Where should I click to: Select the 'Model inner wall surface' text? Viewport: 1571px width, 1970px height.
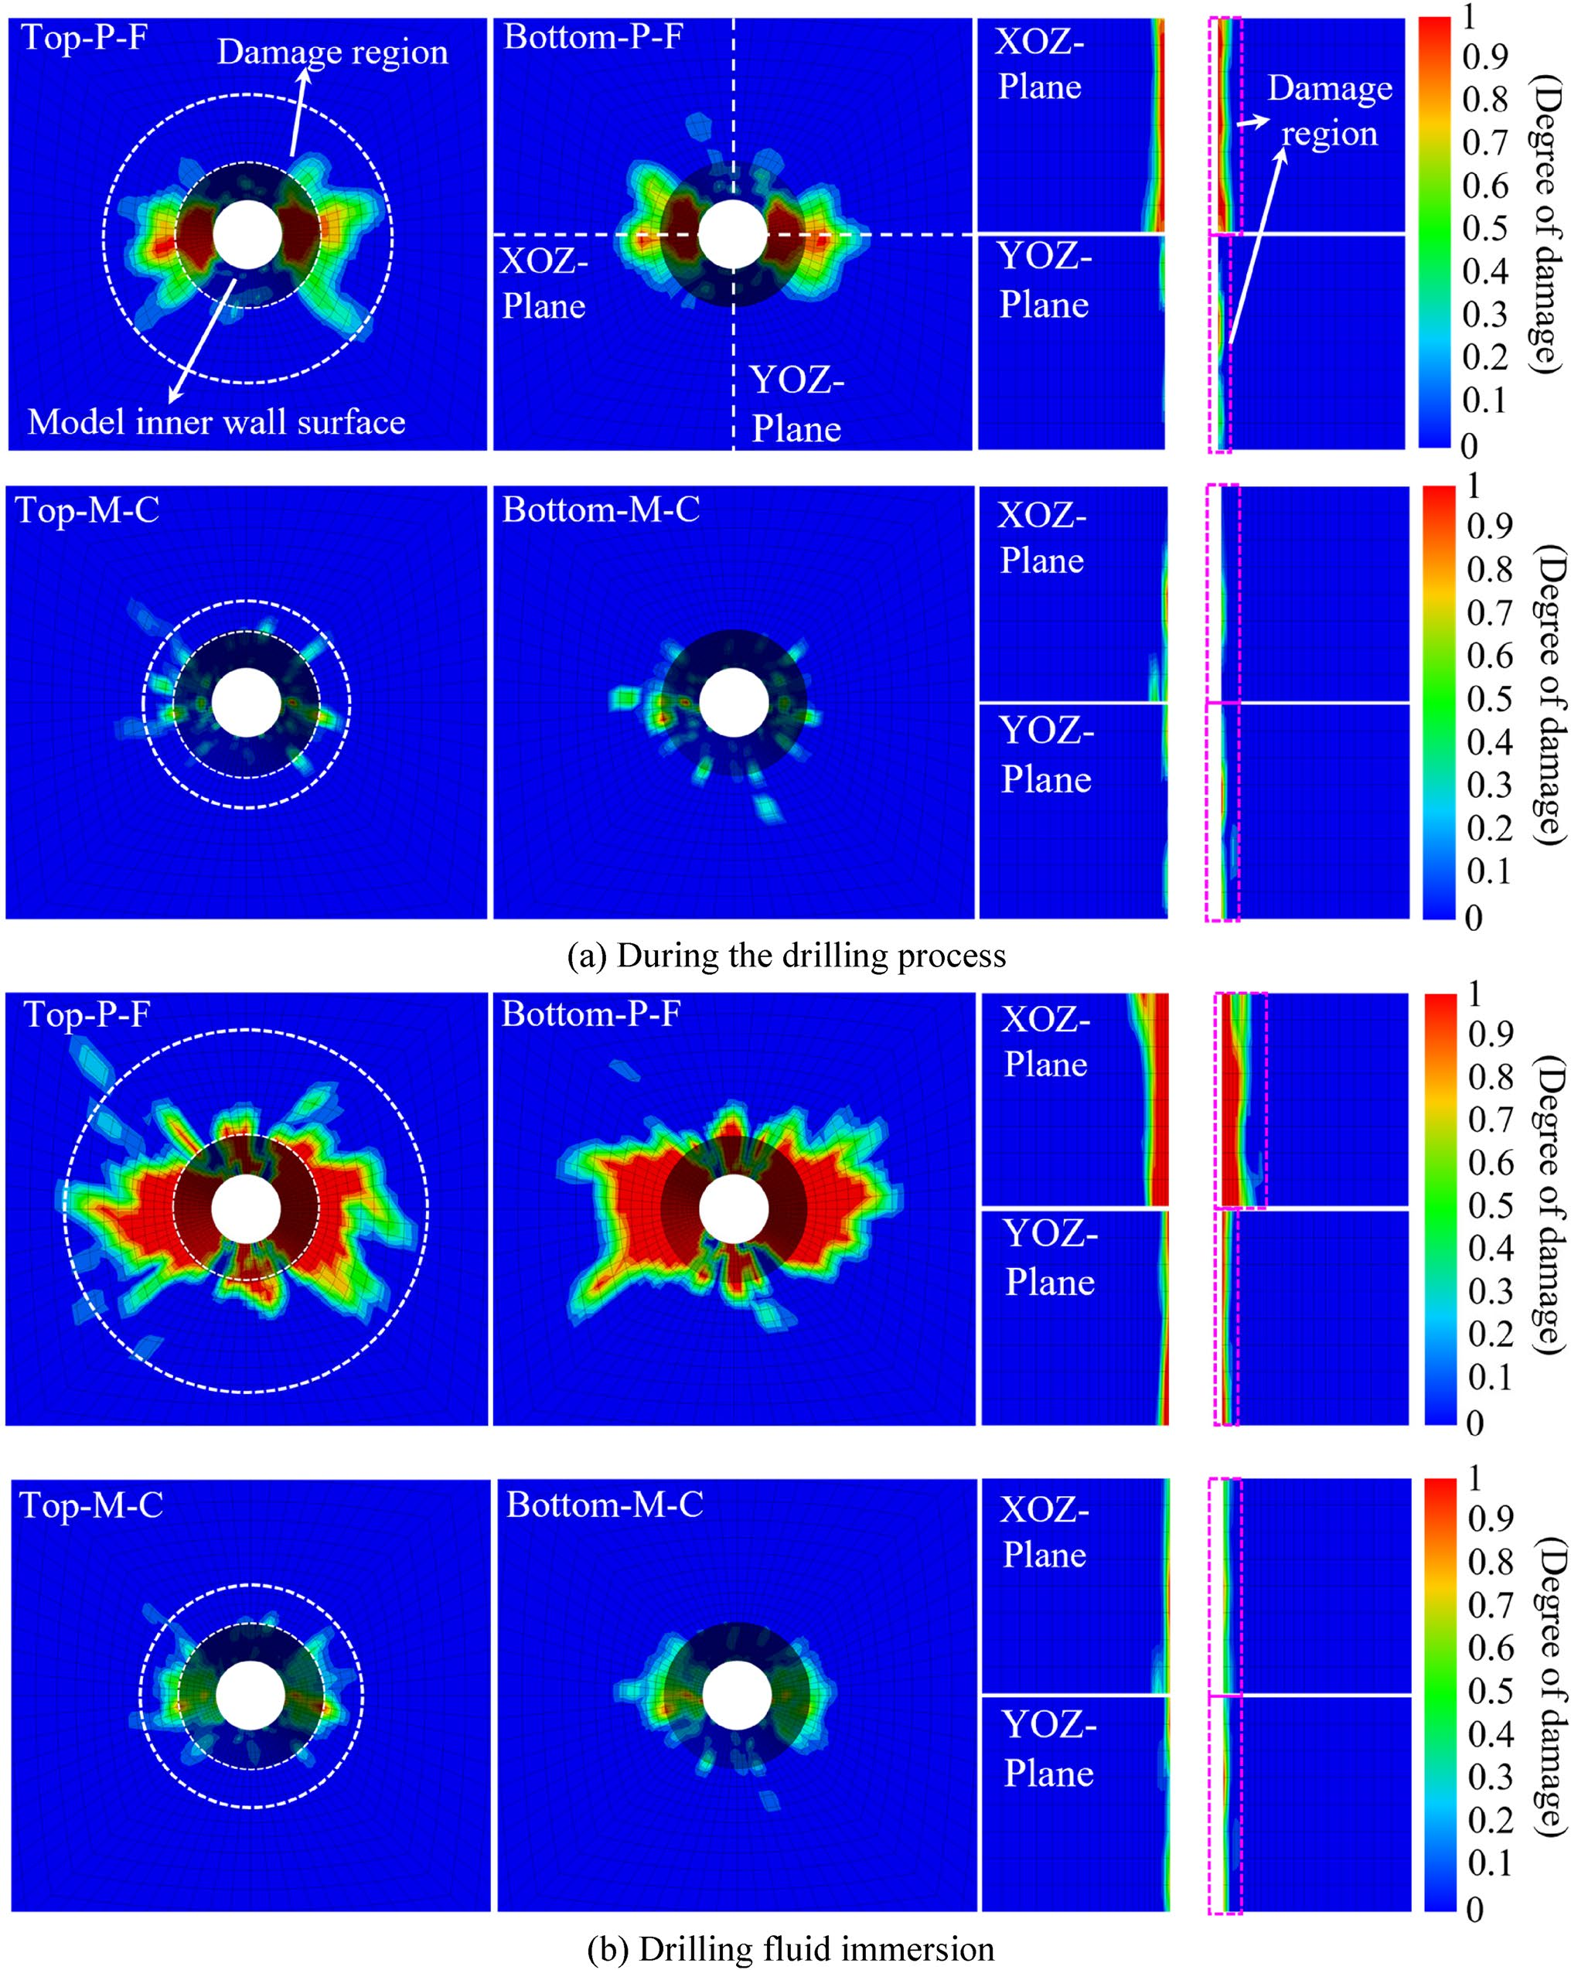coord(216,421)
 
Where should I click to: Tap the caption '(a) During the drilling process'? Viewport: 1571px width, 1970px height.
coord(786,956)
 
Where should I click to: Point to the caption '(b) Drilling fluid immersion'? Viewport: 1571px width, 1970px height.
coord(791,1949)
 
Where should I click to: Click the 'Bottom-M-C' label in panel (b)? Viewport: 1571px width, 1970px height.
coord(605,1505)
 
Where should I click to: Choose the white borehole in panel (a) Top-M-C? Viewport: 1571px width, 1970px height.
coord(247,703)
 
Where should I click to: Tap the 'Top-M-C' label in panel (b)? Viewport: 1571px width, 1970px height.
coord(91,1505)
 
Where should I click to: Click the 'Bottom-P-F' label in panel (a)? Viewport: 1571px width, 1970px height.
coord(593,36)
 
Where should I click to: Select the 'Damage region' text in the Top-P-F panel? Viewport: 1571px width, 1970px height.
coord(332,52)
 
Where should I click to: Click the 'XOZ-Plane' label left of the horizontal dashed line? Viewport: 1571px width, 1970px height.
coord(544,285)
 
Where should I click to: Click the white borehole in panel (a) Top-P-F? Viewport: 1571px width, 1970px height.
coord(247,235)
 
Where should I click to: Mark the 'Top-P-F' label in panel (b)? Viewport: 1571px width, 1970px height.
coord(87,1014)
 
